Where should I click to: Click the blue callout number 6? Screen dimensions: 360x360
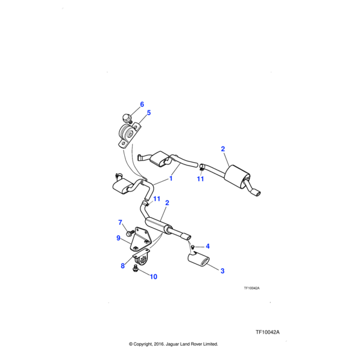[x=142, y=104]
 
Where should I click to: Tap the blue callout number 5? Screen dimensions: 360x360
[x=149, y=113]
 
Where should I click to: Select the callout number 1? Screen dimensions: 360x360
[x=171, y=178]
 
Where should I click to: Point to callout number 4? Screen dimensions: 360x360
[x=208, y=247]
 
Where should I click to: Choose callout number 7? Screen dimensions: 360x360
[x=120, y=223]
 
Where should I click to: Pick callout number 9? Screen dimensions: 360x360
[x=118, y=238]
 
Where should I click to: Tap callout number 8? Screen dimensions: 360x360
[x=122, y=266]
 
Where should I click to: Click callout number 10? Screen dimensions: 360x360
[x=154, y=277]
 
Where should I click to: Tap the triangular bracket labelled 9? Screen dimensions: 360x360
[x=139, y=239]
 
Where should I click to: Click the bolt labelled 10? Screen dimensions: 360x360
[x=135, y=268]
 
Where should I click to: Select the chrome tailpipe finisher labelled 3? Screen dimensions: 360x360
[x=199, y=259]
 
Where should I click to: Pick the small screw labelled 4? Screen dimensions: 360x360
[x=193, y=247]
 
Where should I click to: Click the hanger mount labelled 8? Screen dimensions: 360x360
[x=142, y=257]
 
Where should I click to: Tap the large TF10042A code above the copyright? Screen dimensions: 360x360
[x=268, y=332]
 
